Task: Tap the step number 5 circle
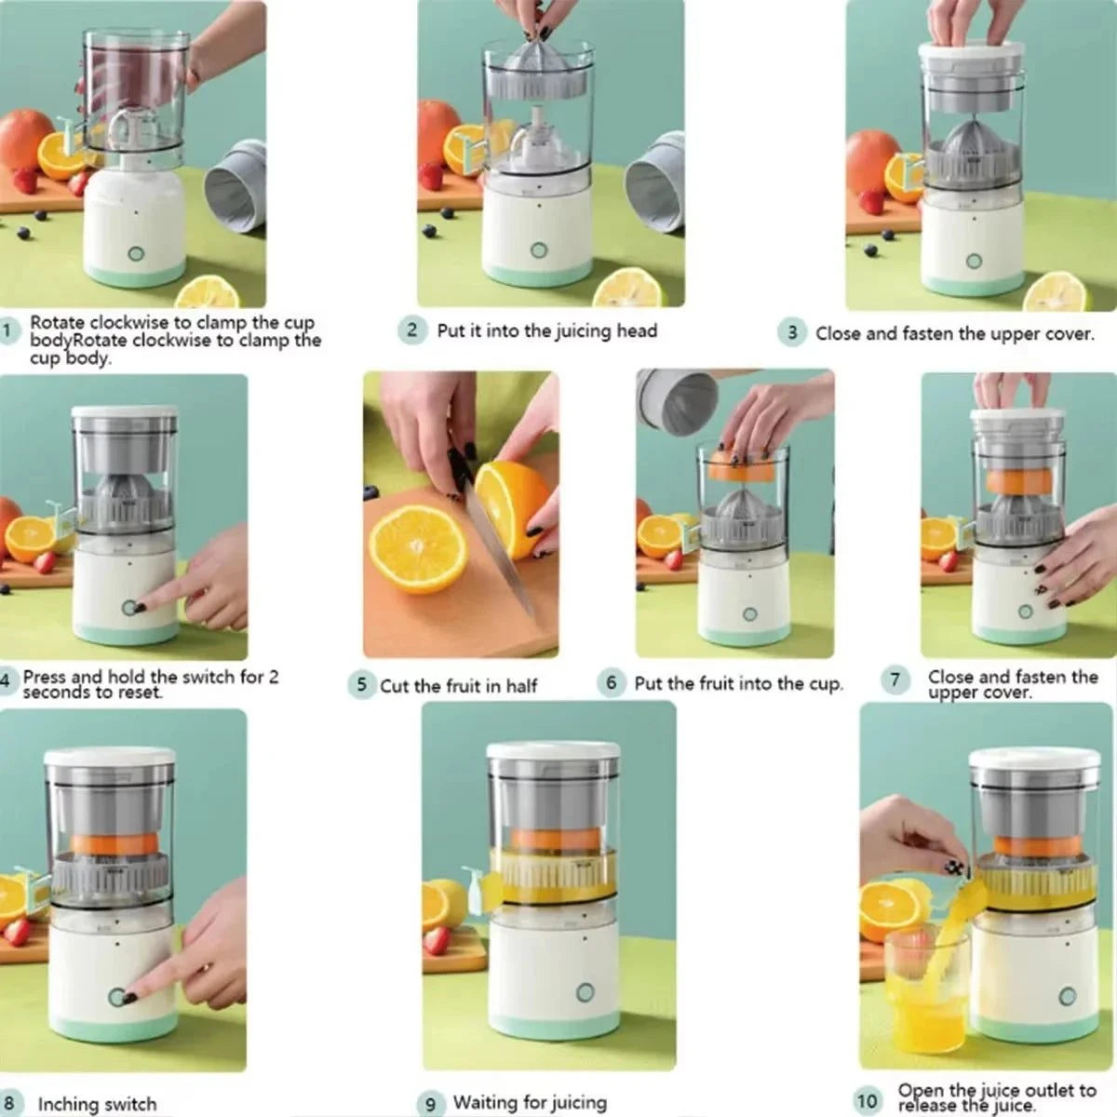tap(361, 685)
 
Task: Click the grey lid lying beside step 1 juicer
tap(236, 186)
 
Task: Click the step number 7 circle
tap(895, 680)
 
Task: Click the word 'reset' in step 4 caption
tap(136, 693)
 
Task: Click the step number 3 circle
tap(792, 332)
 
